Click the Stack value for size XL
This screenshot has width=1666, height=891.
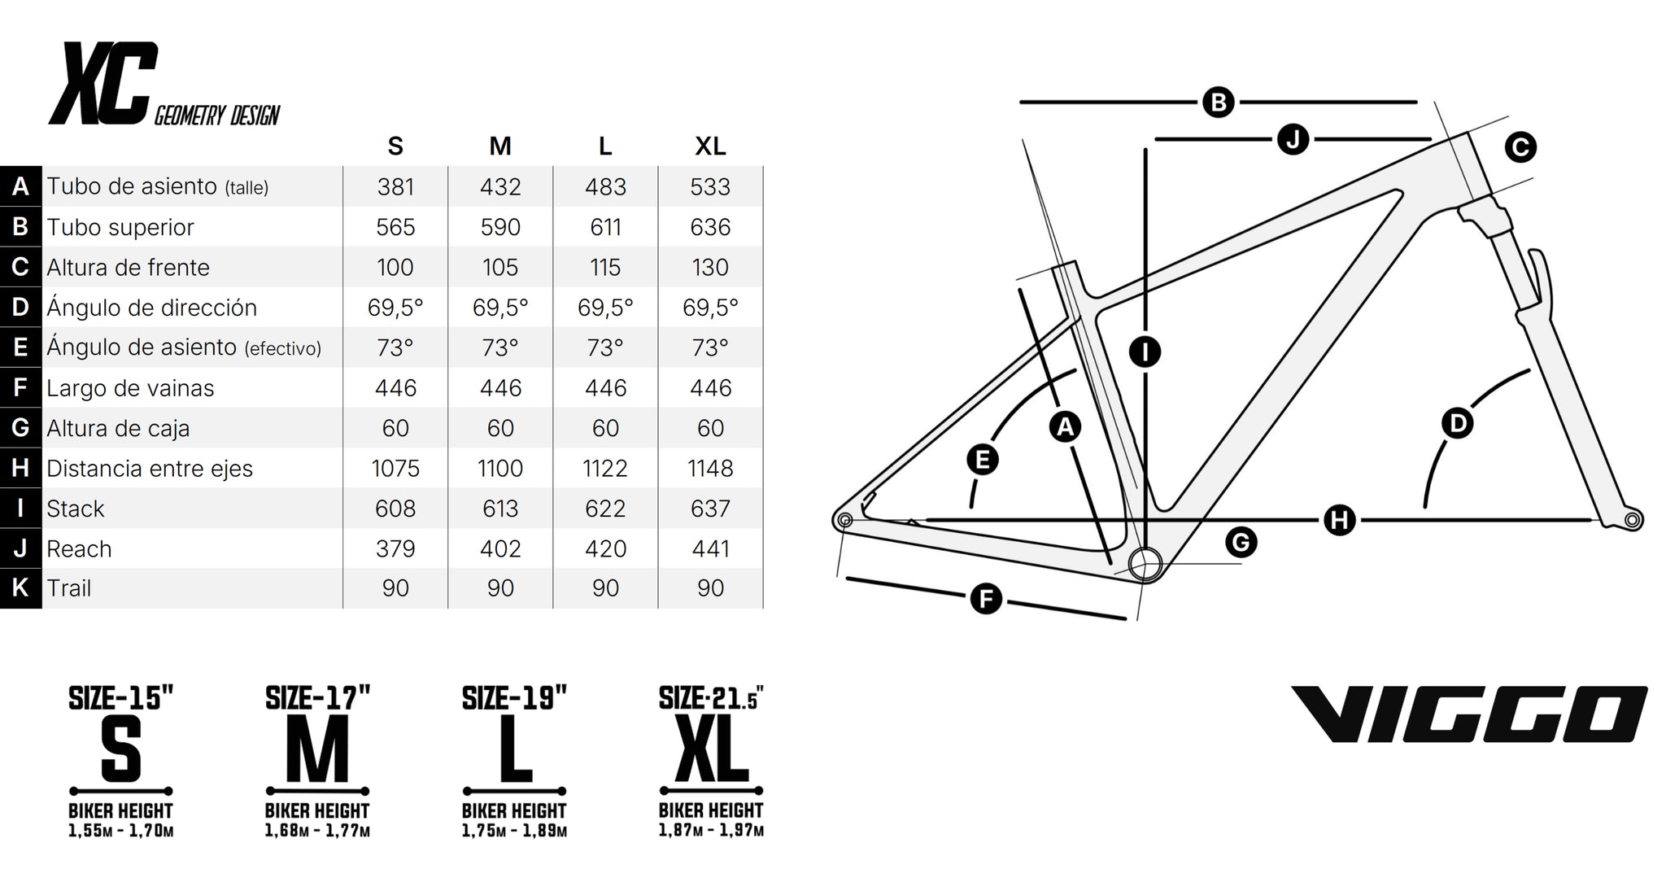(710, 509)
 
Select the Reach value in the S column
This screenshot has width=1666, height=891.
(395, 548)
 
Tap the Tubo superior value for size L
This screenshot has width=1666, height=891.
(605, 227)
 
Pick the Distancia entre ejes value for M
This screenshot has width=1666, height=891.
(500, 469)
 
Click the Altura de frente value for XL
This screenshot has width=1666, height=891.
(710, 268)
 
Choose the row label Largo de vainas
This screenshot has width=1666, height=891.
(130, 388)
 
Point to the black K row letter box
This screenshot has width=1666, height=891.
(20, 588)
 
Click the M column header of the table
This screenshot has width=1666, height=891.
(500, 146)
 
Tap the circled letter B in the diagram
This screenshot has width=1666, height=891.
(1218, 103)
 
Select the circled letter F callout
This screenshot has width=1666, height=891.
(986, 600)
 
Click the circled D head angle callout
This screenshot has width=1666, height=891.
(1457, 423)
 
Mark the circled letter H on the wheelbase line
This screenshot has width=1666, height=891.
(1339, 519)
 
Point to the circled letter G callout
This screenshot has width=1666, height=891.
(1241, 542)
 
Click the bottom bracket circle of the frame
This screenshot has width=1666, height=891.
(1145, 563)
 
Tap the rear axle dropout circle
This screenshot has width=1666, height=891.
(844, 520)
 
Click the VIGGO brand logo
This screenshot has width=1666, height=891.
(1469, 714)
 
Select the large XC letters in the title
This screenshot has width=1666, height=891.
(103, 83)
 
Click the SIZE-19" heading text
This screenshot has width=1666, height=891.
(514, 697)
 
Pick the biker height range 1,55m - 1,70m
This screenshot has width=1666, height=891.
(121, 831)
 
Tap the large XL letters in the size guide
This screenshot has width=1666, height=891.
(711, 749)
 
